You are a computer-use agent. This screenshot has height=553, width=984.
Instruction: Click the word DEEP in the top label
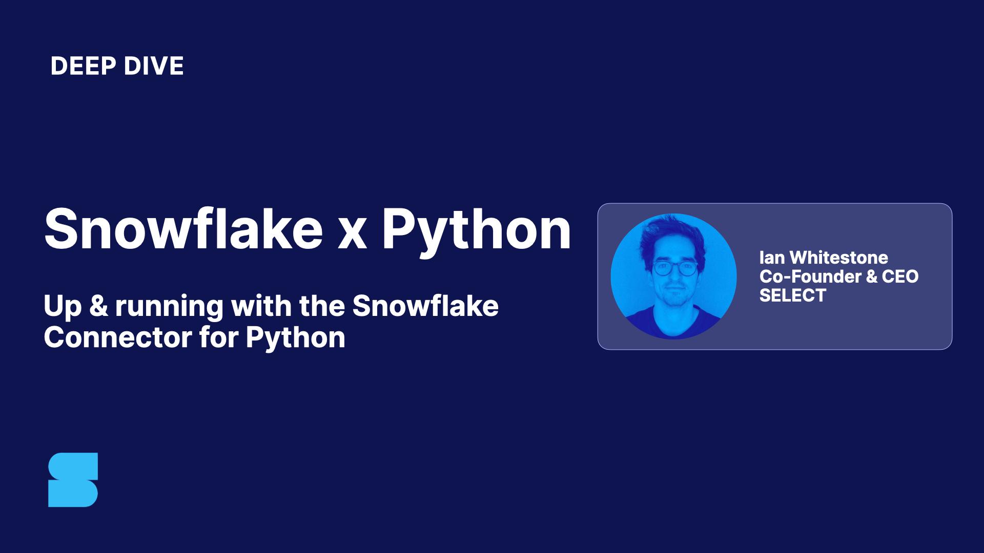click(x=83, y=66)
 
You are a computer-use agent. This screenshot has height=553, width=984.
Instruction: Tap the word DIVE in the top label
click(x=153, y=66)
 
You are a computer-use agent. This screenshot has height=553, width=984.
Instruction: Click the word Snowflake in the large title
click(x=183, y=228)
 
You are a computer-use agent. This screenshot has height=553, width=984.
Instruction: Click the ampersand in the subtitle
click(x=96, y=306)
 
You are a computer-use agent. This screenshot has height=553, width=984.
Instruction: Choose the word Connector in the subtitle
click(x=114, y=337)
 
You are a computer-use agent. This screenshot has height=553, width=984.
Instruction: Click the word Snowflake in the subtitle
click(x=425, y=306)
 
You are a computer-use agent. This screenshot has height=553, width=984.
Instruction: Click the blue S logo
click(x=73, y=480)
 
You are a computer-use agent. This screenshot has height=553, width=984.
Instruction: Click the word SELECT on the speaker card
click(x=793, y=295)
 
